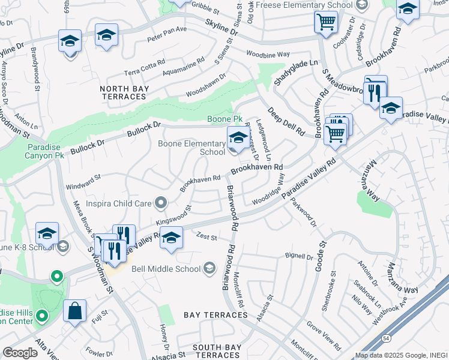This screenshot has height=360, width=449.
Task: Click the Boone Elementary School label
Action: (191, 148)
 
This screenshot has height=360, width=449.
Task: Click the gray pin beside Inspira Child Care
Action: (160, 204)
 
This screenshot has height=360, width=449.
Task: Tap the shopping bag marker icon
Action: (75, 311)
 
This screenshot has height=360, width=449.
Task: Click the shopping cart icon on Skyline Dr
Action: (325, 22)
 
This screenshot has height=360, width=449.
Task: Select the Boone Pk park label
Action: (223, 119)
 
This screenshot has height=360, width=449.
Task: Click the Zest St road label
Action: (205, 238)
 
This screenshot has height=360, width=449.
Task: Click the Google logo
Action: (20, 353)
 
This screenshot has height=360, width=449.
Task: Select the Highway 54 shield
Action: (384, 339)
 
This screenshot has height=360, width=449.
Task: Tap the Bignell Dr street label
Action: (300, 257)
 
